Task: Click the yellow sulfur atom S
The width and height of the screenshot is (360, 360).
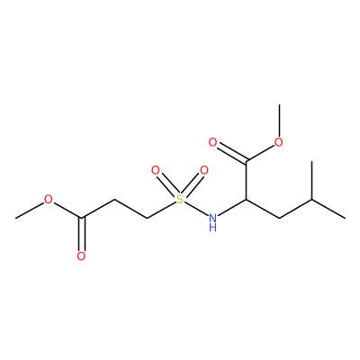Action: coord(180,199)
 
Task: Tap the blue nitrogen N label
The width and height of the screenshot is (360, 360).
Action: coord(212,218)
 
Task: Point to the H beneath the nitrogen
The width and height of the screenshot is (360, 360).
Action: coord(212,228)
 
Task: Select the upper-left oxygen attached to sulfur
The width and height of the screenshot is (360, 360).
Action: coord(156,171)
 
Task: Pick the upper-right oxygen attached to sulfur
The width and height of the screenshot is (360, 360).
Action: coord(204,171)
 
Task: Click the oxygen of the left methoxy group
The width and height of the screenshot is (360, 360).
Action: coord(48,199)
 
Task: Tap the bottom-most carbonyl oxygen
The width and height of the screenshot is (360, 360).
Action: coord(81,256)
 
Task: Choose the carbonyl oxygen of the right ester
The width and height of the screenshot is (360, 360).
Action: coord(212,142)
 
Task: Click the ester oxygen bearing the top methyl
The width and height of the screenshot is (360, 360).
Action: coord(279,142)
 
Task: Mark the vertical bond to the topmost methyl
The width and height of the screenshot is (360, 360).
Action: coord(279,121)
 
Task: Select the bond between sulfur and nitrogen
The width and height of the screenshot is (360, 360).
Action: coord(196,209)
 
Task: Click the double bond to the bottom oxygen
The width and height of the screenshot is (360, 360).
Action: coord(81,234)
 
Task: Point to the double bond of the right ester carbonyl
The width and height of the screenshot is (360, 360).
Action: coord(232,153)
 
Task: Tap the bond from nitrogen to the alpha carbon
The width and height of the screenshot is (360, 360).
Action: coord(231,207)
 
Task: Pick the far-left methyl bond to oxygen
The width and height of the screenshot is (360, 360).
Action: coord(30,210)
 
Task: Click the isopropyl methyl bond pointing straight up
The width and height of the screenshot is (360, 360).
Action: coord(312,180)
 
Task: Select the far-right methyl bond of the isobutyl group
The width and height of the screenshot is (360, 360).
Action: coord(328,209)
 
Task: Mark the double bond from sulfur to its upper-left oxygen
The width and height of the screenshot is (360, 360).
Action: coord(167,184)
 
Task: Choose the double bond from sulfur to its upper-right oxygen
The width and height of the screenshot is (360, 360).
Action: coord(192,184)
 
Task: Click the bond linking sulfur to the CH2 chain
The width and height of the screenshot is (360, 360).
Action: coord(161,210)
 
